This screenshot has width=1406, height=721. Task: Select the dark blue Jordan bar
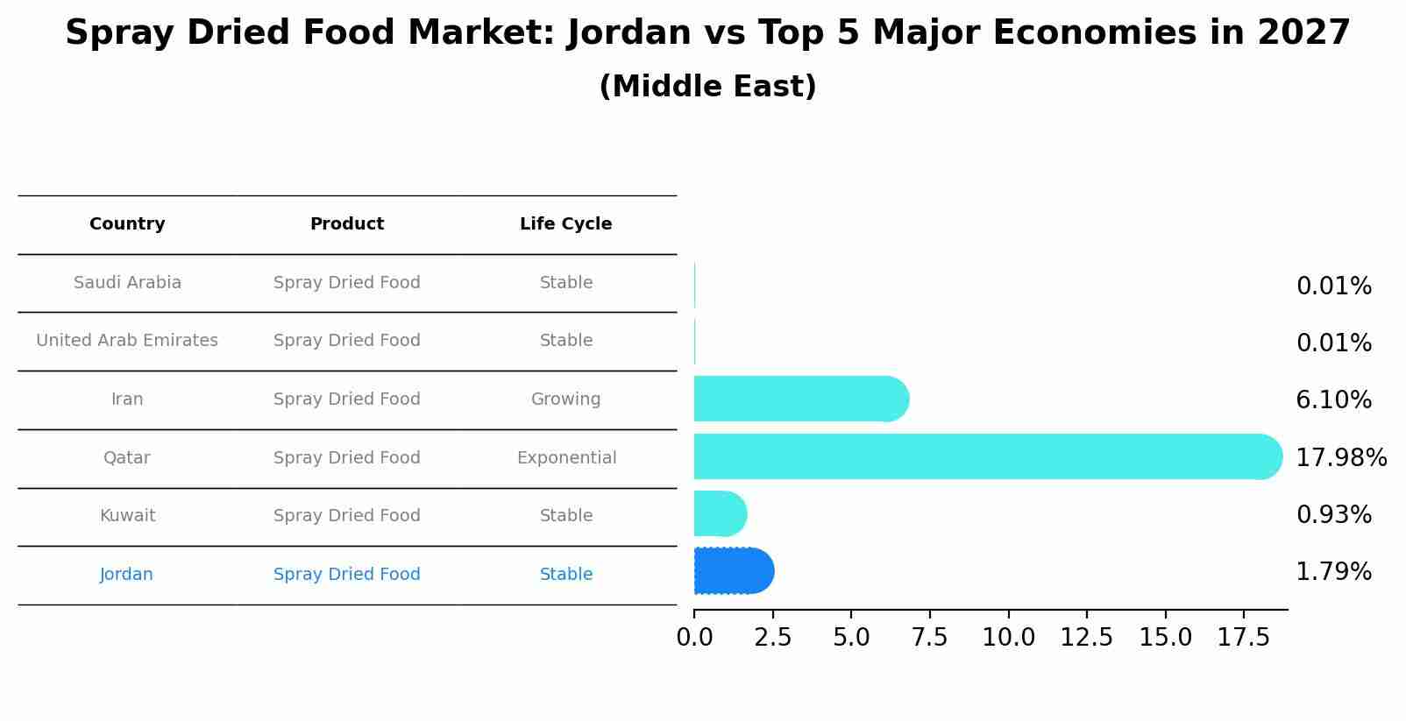[x=733, y=571]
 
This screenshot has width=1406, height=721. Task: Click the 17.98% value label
[x=1340, y=457]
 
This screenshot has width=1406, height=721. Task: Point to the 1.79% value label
[x=1333, y=572]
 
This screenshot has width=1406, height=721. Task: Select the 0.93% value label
[x=1333, y=514]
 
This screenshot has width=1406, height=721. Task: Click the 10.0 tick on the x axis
[x=1008, y=638]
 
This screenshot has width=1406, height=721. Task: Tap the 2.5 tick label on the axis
[x=772, y=638]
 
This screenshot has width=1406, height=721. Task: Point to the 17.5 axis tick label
[x=1243, y=638]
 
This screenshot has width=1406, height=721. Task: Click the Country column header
[x=127, y=224]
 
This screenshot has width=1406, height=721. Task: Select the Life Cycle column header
[x=565, y=224]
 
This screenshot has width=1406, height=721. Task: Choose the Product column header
[x=346, y=224]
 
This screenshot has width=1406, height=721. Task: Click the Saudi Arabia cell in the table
[x=127, y=283]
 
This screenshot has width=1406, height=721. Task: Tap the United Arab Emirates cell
[x=127, y=341]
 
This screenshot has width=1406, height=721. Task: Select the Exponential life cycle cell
[x=566, y=458]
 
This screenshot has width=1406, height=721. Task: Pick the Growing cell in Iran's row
[x=565, y=399]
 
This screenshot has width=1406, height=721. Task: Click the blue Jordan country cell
[x=126, y=575]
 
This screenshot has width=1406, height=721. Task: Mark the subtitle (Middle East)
[x=707, y=87]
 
